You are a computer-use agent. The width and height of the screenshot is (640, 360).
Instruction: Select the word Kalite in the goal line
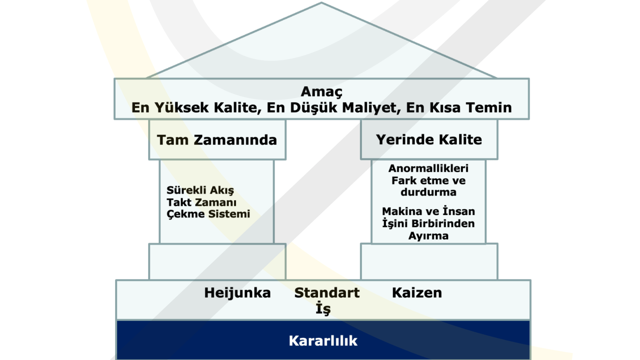click(x=237, y=108)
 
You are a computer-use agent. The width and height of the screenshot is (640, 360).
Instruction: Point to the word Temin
click(x=489, y=107)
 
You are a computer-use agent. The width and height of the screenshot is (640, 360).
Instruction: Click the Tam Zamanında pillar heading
click(x=217, y=140)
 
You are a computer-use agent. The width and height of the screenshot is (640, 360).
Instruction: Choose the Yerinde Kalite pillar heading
click(x=429, y=139)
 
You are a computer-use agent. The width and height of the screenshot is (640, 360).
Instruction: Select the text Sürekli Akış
click(x=200, y=190)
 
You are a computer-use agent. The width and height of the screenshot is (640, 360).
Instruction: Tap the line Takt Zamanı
click(x=202, y=202)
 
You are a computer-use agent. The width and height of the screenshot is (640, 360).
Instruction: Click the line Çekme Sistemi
click(x=208, y=214)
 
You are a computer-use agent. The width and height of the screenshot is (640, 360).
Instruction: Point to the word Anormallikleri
click(x=428, y=168)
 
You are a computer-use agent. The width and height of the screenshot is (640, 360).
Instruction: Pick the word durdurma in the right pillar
click(x=428, y=192)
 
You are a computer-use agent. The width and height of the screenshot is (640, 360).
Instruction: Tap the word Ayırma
click(x=428, y=236)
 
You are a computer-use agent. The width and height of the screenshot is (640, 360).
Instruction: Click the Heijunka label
click(x=237, y=293)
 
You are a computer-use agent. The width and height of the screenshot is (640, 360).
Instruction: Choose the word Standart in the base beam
click(x=327, y=293)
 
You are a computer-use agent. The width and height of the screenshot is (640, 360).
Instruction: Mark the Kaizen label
click(x=417, y=293)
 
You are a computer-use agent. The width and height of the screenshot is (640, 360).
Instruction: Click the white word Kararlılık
click(x=323, y=341)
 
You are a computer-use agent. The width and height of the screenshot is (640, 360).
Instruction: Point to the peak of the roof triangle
click(x=321, y=3)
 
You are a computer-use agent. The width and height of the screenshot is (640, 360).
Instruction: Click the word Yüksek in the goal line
click(x=182, y=108)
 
